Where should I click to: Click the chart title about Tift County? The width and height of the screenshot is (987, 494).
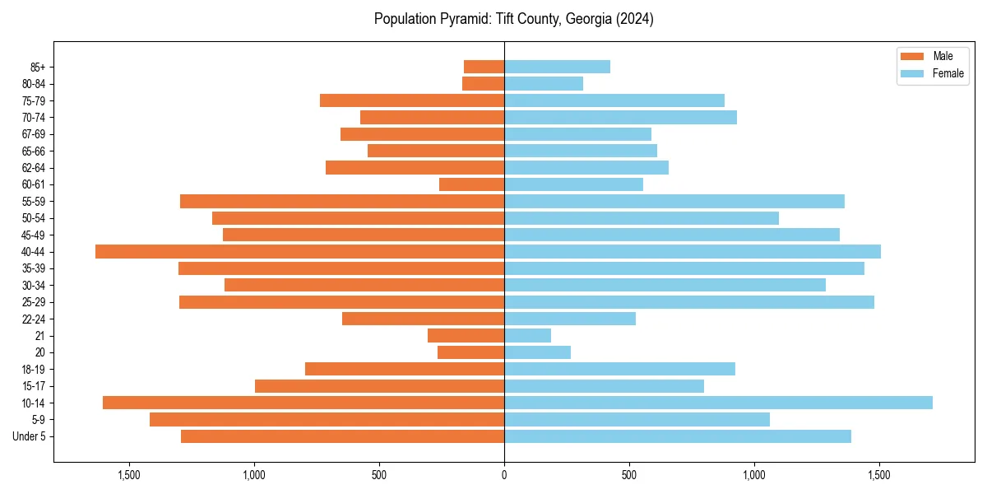point(513,19)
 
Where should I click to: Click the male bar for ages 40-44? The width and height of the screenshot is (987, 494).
point(300,251)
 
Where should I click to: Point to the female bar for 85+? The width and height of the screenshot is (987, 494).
point(557,67)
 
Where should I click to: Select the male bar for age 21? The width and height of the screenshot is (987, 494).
point(466,335)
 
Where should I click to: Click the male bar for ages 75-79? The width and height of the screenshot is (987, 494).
point(412,100)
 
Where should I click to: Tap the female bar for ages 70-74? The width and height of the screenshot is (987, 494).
point(620,117)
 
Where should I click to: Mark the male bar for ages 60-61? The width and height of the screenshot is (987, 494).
point(471,184)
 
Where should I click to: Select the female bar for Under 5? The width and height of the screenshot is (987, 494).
point(677,436)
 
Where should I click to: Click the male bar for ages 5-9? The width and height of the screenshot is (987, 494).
point(327,419)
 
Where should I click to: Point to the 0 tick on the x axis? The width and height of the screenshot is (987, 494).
point(504,475)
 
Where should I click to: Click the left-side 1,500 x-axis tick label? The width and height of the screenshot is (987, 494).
point(129,475)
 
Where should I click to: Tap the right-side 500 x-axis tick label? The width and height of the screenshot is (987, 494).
point(629,475)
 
